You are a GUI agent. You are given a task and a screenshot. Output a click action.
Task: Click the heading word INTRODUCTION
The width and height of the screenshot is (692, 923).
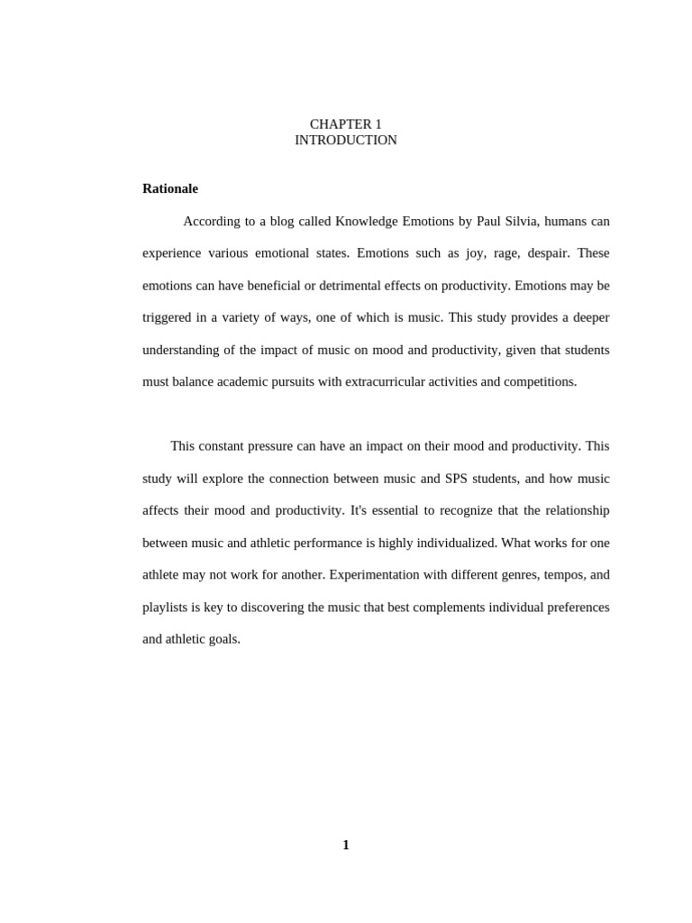(x=345, y=141)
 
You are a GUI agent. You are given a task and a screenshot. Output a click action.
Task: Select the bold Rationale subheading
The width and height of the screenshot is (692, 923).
(x=170, y=188)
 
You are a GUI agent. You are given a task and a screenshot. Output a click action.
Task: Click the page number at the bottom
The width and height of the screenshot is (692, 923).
(x=346, y=845)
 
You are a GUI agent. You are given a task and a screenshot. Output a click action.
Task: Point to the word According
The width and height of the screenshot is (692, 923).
(x=213, y=221)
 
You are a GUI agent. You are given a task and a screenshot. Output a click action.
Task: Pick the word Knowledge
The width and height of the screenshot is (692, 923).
(x=367, y=221)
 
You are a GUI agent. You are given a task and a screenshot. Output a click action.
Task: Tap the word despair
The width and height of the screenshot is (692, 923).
(x=548, y=253)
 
